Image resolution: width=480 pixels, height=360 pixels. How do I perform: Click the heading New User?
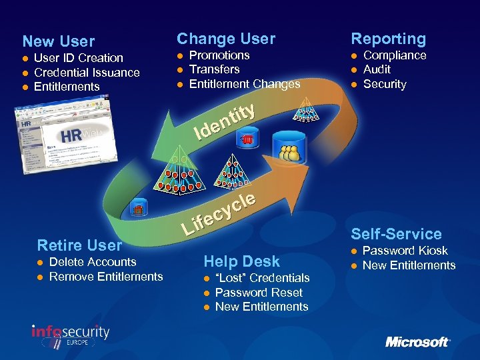coord(59,41)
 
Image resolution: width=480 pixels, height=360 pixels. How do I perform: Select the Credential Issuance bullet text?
coord(87,73)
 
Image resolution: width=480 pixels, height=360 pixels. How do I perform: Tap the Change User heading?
coord(225,39)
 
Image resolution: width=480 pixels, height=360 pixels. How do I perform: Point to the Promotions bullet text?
coord(219,55)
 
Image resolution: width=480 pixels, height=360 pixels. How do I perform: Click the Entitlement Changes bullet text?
coord(245,84)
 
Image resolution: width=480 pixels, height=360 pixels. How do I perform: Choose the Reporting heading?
coord(388,39)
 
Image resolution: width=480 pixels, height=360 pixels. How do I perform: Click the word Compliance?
coord(395,55)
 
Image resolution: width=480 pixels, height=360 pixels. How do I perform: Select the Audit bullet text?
coord(377,69)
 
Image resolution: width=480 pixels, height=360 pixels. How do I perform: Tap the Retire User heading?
coord(79,245)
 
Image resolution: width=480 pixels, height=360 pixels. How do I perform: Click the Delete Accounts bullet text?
coord(93,262)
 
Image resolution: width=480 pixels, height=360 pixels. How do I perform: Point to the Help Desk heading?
coord(241,261)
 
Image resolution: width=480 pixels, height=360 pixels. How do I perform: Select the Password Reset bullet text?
coord(259,293)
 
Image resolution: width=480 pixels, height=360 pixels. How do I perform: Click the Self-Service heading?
coord(396,234)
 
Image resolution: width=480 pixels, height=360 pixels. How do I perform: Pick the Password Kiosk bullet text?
coord(405,251)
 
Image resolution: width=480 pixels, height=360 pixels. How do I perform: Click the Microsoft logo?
coord(417,342)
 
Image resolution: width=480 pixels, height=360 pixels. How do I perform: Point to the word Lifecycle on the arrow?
coord(219,213)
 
